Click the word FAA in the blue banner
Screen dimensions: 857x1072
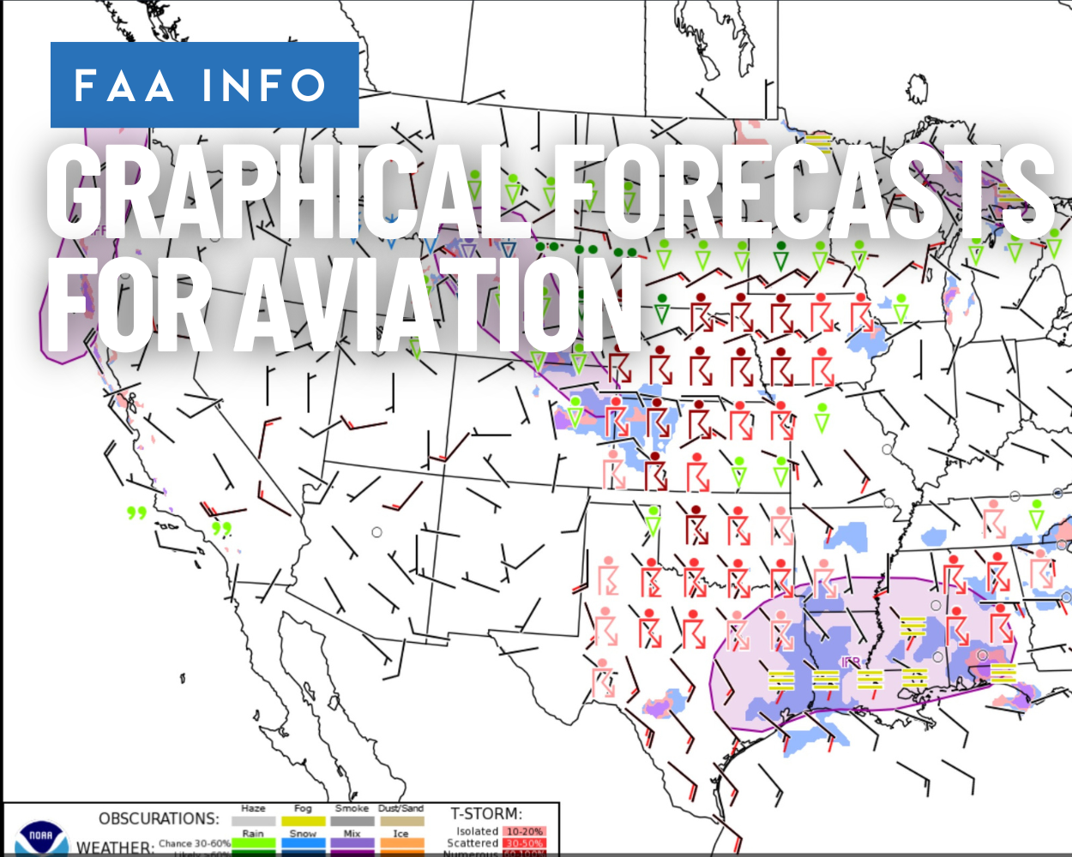click(124, 86)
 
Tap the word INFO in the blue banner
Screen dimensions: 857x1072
click(264, 86)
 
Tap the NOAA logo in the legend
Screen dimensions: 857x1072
click(40, 837)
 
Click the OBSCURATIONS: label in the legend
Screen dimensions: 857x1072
click(159, 818)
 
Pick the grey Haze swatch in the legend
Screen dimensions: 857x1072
click(253, 821)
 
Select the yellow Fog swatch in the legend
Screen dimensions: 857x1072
click(303, 821)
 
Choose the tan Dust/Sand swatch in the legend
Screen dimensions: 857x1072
click(401, 821)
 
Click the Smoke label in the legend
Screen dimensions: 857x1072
click(352, 808)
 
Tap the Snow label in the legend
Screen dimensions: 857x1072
click(303, 833)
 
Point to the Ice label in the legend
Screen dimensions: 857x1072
click(400, 833)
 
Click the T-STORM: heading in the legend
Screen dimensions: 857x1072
click(486, 813)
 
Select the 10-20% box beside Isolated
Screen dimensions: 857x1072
click(524, 831)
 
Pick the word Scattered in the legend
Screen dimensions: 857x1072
click(473, 843)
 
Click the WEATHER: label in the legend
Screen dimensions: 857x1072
click(115, 848)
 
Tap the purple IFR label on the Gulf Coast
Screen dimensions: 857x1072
click(850, 662)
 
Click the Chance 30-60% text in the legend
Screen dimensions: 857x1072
click(195, 843)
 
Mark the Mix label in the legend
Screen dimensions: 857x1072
click(352, 833)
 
